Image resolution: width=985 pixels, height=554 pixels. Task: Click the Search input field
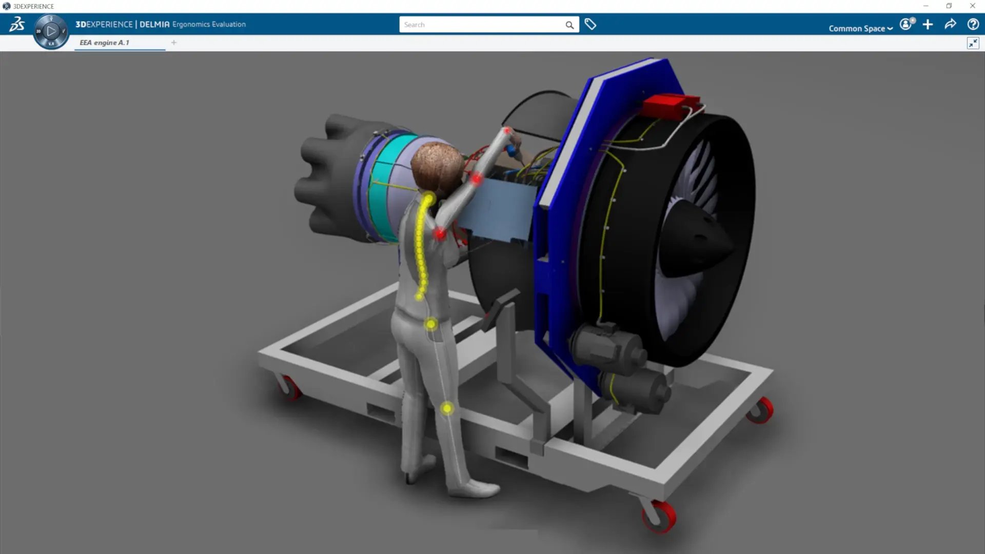click(482, 25)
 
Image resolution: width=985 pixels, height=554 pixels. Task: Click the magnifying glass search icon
click(569, 25)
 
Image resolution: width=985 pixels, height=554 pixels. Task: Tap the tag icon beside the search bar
click(590, 24)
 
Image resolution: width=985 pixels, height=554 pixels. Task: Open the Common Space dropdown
click(860, 29)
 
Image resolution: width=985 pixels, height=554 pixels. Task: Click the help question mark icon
click(973, 24)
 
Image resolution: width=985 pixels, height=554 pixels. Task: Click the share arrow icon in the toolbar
click(950, 24)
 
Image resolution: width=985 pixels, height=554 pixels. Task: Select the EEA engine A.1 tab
click(105, 43)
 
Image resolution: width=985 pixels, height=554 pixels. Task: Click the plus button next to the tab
click(174, 43)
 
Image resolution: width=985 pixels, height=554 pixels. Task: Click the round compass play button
click(51, 31)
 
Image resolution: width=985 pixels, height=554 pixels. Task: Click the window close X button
click(973, 6)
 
